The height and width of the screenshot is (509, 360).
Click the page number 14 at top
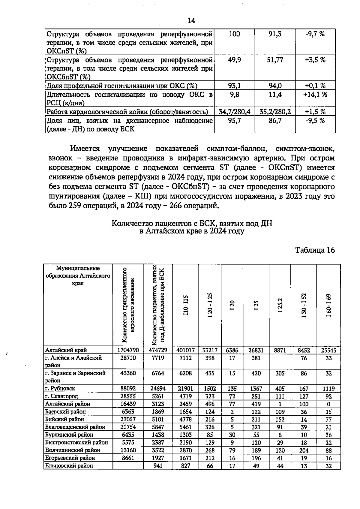pos(191,20)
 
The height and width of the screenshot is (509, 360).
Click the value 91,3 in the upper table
pos(275,34)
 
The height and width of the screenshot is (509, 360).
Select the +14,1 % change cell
pos(315,95)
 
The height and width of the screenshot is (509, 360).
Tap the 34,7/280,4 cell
pos(234,112)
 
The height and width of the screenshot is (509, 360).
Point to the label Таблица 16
pos(315,250)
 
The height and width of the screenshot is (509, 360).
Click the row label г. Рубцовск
pos(60,388)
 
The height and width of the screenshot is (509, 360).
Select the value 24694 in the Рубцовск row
pos(158,388)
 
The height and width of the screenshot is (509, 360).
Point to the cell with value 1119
pos(328,388)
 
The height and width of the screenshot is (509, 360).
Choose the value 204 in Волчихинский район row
pos(304,450)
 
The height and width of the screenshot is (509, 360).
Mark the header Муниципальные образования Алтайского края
pos(78,276)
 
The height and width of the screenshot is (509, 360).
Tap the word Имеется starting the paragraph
pos(85,149)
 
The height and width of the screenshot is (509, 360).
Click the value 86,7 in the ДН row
pos(275,121)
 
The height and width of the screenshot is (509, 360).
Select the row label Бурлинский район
pos(69,435)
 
